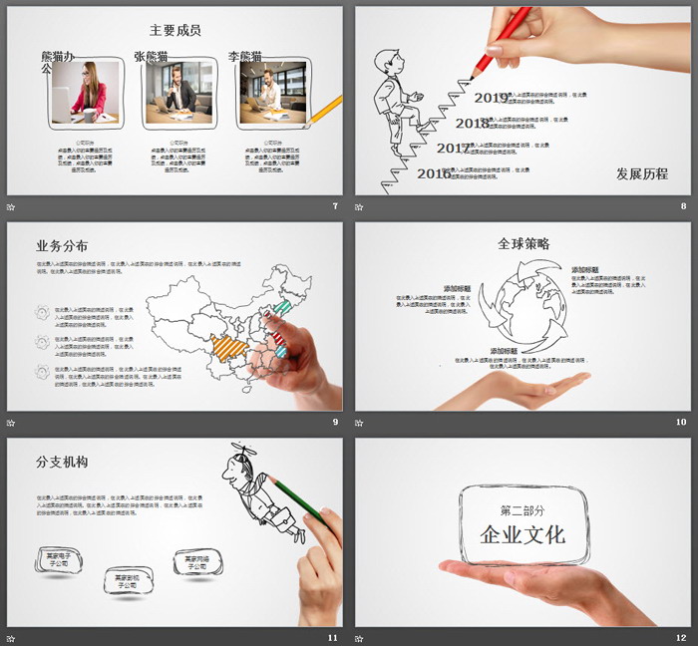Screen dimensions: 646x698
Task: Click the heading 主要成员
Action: click(x=174, y=31)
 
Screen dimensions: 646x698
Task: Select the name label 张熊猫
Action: click(x=156, y=57)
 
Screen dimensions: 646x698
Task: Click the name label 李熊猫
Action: click(x=245, y=57)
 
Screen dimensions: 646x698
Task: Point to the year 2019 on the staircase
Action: click(x=491, y=98)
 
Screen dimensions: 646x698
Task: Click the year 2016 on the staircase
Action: click(x=433, y=173)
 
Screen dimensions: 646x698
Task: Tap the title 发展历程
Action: click(x=641, y=174)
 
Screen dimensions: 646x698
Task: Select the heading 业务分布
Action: click(x=62, y=246)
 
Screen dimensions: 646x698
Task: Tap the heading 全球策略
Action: click(x=523, y=243)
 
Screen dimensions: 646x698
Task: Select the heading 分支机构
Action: click(x=62, y=463)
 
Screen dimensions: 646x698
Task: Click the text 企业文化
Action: click(x=523, y=535)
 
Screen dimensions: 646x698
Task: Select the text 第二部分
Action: click(x=523, y=509)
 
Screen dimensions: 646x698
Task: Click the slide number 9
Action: click(x=335, y=422)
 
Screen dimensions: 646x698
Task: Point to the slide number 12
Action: click(x=680, y=637)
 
